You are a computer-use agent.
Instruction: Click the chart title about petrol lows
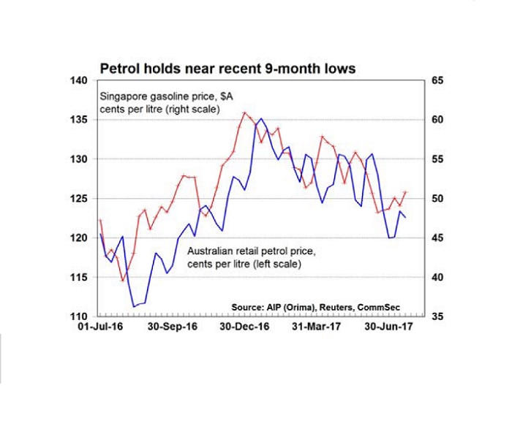tap(227, 68)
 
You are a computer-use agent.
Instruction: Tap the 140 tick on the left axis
tap(78, 80)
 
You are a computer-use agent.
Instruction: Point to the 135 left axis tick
tap(78, 120)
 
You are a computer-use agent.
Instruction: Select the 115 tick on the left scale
tap(78, 278)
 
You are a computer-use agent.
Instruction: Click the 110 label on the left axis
tap(78, 317)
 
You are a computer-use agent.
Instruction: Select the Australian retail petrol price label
tap(252, 257)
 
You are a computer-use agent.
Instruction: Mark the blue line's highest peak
tap(261, 118)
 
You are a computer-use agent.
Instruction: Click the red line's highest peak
tap(244, 113)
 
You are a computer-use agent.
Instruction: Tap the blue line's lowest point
tap(133, 306)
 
